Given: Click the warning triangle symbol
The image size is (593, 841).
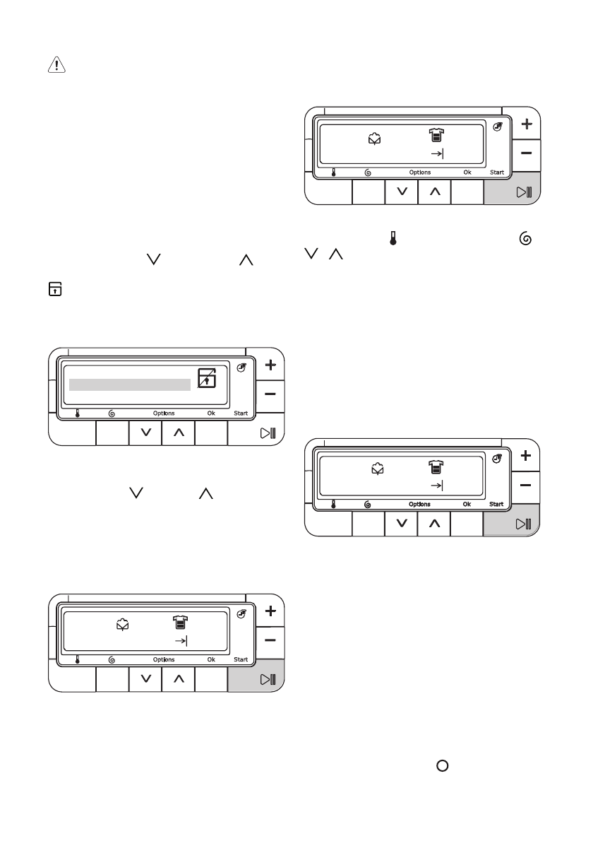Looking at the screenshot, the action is point(56,65).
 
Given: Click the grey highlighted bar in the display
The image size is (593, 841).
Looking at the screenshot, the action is point(130,384).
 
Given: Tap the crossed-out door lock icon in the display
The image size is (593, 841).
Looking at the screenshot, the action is point(207,377).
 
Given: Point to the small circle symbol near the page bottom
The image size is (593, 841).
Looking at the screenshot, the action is point(443,766).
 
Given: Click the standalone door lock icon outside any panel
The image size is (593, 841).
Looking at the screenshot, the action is point(55,289).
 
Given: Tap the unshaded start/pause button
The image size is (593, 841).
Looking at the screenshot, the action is point(268,433).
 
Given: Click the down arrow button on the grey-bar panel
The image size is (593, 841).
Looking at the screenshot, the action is point(145,433).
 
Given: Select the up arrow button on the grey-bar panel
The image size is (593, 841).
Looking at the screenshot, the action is point(179,433).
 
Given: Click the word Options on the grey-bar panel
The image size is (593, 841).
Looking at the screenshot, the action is point(164,413).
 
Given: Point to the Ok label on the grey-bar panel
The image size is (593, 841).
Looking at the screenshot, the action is point(211,413).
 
